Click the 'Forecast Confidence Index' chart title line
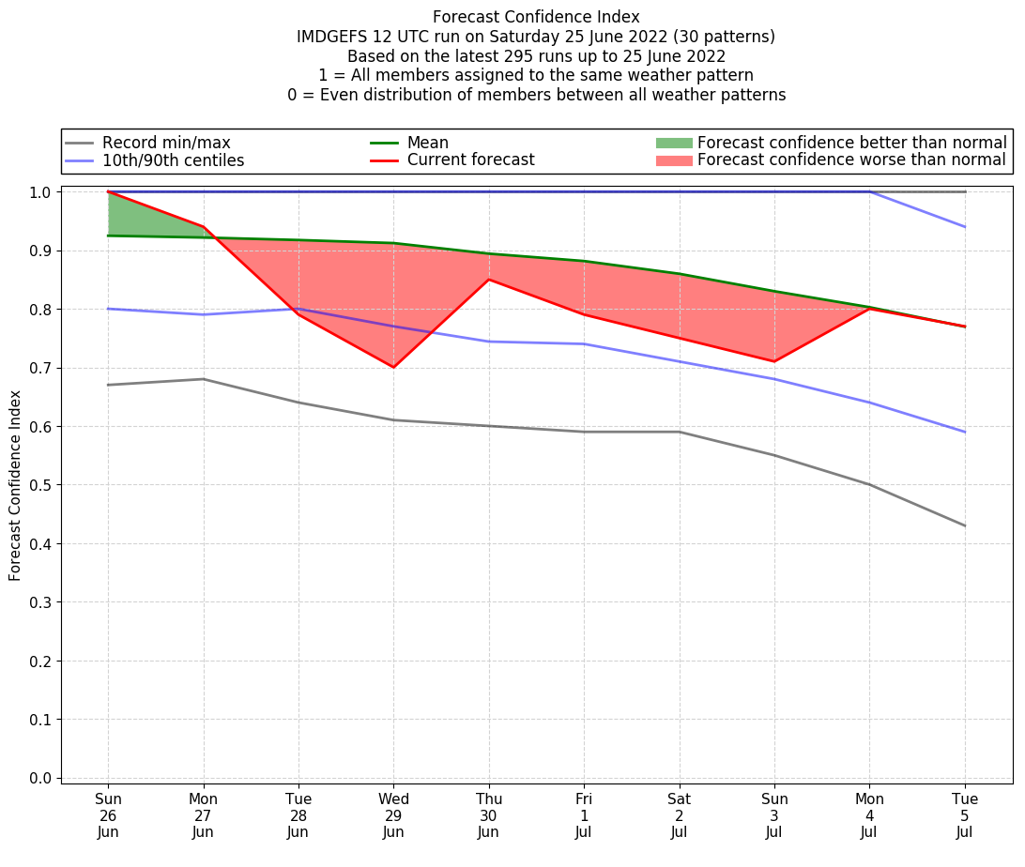click(536, 17)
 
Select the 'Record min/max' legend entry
click(166, 143)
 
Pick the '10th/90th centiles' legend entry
click(173, 160)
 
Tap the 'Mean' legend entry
click(427, 143)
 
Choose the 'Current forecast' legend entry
click(470, 160)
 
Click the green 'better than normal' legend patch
click(673, 143)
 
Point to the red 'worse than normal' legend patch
click(673, 160)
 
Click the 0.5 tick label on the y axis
click(39, 485)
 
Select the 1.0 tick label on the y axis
click(39, 192)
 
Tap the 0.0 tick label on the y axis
click(39, 778)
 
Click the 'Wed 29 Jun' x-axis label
click(393, 815)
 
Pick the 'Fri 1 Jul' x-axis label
click(584, 815)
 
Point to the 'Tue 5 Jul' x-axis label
click(965, 815)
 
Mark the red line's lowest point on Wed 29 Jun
click(393, 367)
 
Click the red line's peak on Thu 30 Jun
click(488, 280)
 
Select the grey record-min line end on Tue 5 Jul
click(965, 525)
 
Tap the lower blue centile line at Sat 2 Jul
click(679, 361)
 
